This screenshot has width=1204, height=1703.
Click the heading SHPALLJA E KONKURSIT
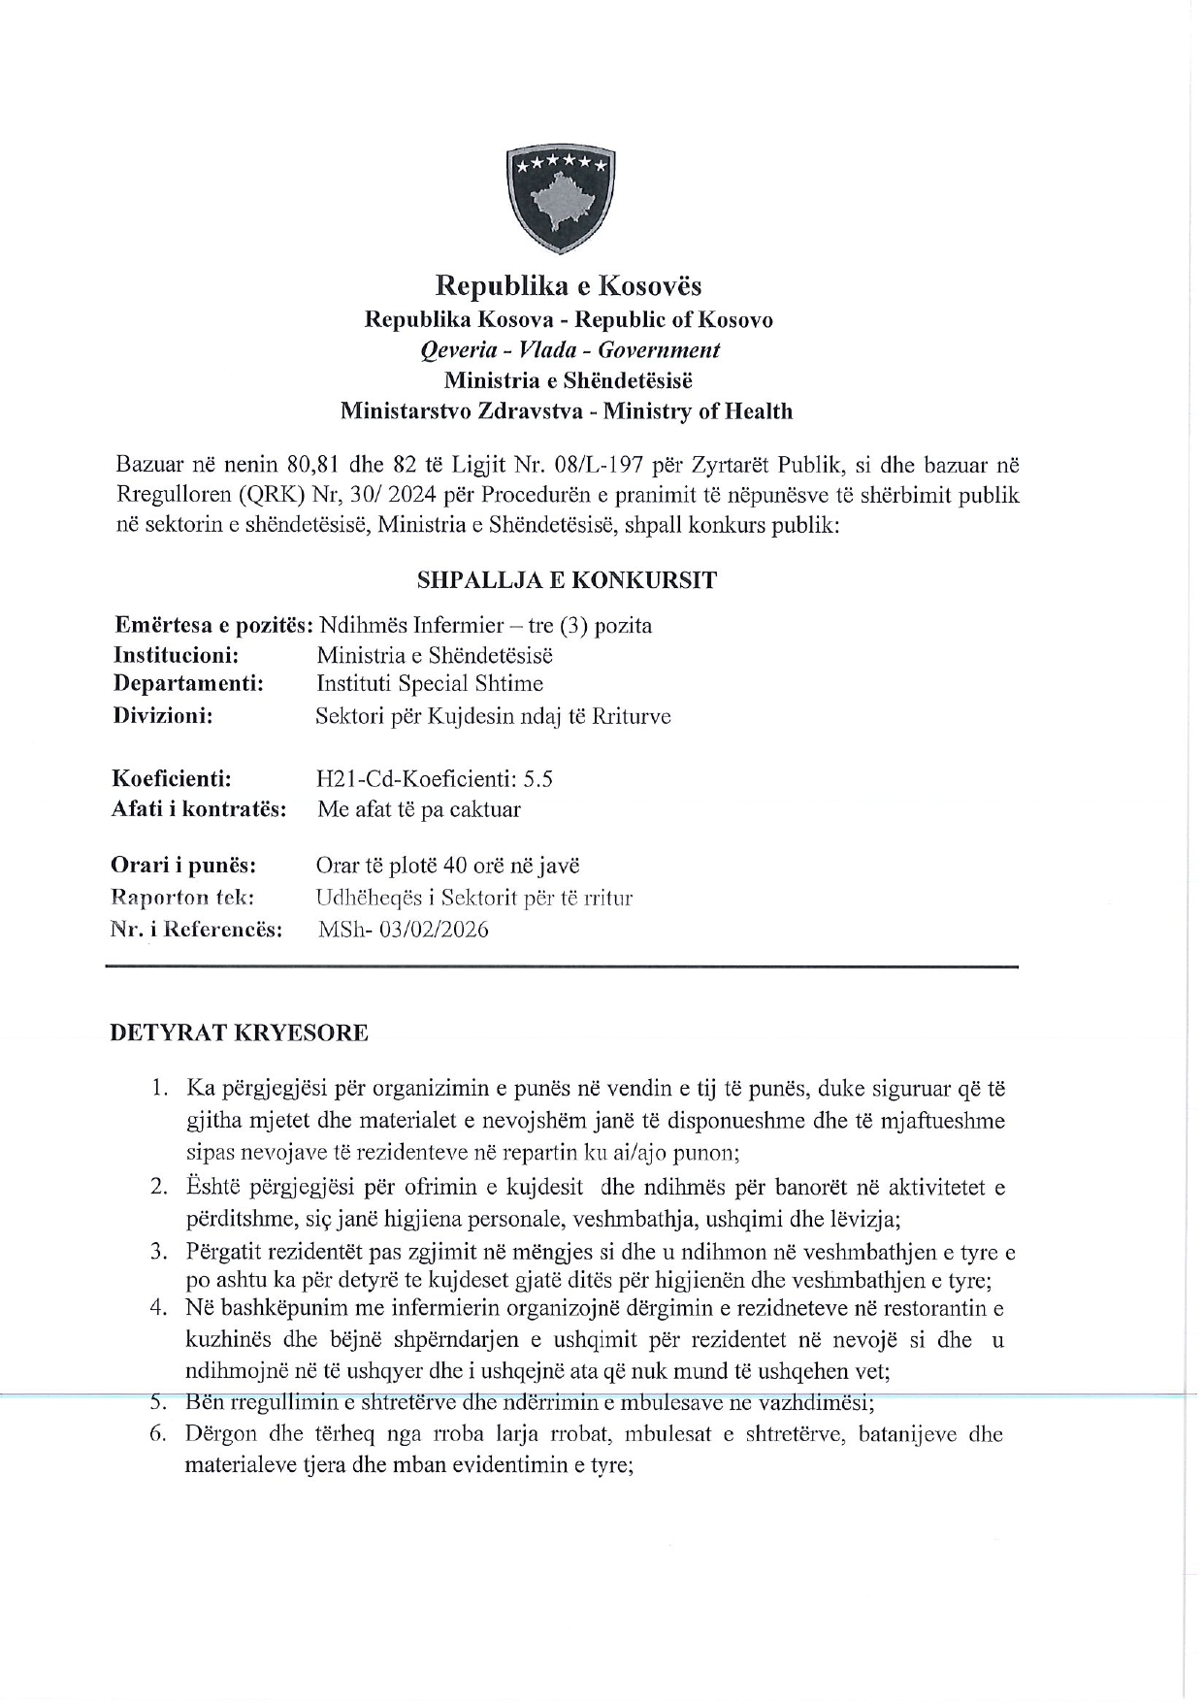pyautogui.click(x=567, y=580)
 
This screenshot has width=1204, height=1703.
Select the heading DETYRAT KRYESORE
pyautogui.click(x=240, y=1032)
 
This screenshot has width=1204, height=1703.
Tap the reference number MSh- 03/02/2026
pyautogui.click(x=404, y=930)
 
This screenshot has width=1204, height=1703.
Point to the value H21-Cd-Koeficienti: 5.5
pyautogui.click(x=435, y=778)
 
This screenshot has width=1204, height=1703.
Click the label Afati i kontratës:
pyautogui.click(x=199, y=809)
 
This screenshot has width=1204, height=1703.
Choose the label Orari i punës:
pyautogui.click(x=183, y=865)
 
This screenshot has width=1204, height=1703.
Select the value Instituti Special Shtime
pyautogui.click(x=430, y=684)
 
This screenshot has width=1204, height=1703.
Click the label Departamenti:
pyautogui.click(x=189, y=684)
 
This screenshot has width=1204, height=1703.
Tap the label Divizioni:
pyautogui.click(x=163, y=716)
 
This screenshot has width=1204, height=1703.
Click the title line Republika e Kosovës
pyautogui.click(x=568, y=285)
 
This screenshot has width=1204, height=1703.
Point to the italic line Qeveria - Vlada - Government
pyautogui.click(x=569, y=349)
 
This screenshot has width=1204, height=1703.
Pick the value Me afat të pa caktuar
pyautogui.click(x=419, y=809)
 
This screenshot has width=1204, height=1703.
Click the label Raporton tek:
pyautogui.click(x=182, y=898)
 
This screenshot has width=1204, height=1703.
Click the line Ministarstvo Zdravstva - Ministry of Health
pyautogui.click(x=567, y=411)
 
